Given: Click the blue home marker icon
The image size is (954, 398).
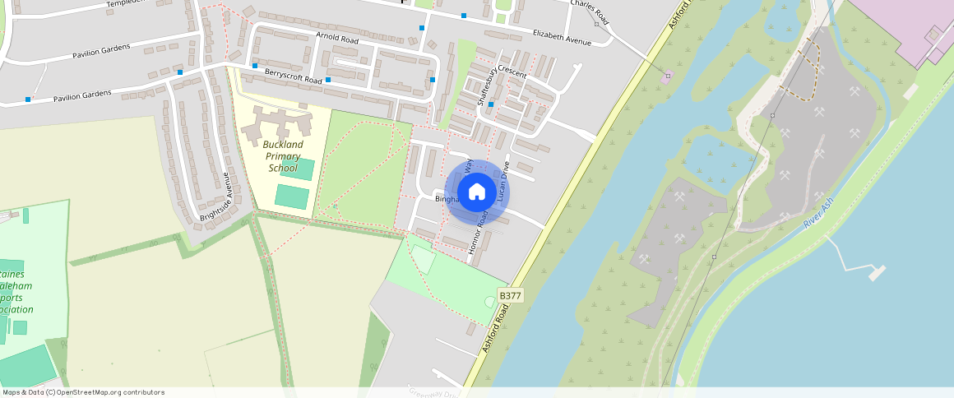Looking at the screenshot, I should pos(477,192).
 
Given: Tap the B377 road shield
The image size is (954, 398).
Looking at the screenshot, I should pos(511,296).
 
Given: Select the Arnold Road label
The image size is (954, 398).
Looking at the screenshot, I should pos(337,39).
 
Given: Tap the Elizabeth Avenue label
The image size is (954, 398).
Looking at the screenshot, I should pos(562,36).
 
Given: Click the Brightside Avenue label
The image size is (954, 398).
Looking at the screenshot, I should pos(216,196).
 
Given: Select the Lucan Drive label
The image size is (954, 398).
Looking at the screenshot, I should pos(503,181).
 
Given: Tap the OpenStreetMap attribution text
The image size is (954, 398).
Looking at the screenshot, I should pos(83,392).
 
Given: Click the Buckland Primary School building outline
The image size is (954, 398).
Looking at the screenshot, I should pos(276,124).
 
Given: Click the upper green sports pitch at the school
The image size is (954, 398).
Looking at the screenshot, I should pos(297,169).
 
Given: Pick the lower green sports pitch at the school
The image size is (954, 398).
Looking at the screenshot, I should pos(291,197).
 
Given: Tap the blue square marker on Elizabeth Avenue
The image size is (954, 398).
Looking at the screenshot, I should pos(464,16).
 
